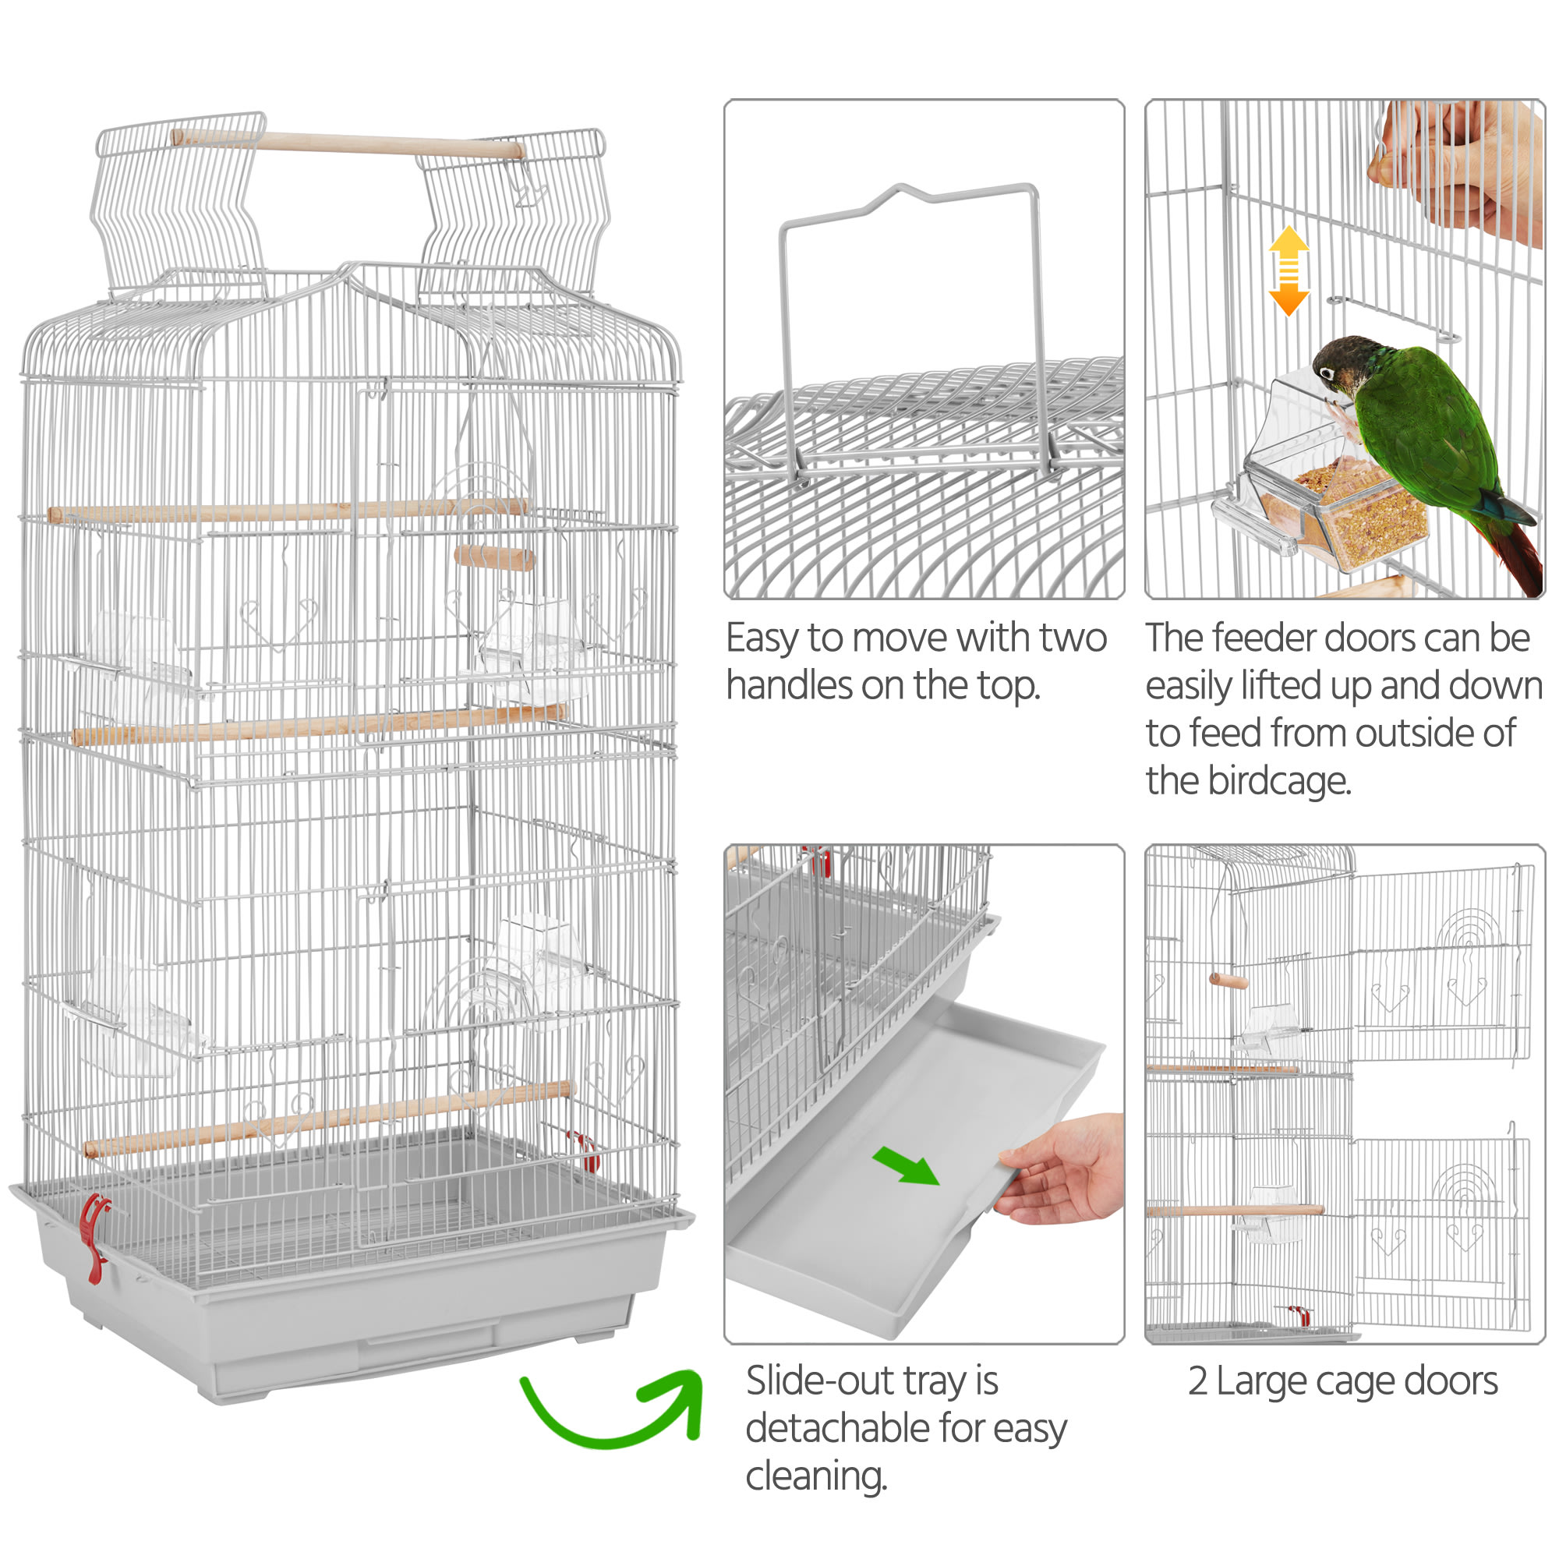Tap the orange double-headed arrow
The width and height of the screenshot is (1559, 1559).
pos(1289,270)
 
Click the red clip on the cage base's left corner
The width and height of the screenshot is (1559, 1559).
pos(95,1237)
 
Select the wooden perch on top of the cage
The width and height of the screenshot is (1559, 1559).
pos(347,143)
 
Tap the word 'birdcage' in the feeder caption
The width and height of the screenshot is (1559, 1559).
pos(1279,781)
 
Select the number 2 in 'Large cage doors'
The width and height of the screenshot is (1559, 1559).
pos(1198,1380)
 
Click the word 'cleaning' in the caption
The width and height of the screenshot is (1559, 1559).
pos(816,1476)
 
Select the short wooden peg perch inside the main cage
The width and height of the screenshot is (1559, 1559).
pos(494,557)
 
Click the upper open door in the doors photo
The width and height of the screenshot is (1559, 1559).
pos(1441,963)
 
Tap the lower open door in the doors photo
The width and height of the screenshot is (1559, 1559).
pos(1441,1230)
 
